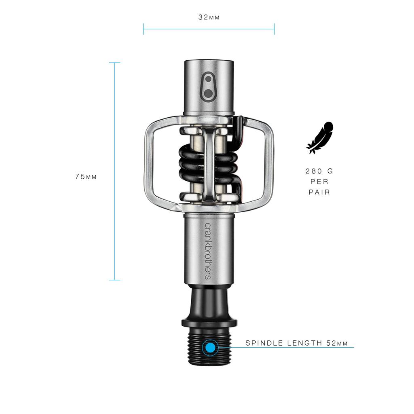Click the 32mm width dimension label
tap(209, 17)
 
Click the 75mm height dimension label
tap(86, 177)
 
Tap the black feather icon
tap(320, 137)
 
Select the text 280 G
tap(319, 171)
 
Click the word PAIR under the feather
tap(319, 192)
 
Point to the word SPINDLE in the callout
tap(263, 343)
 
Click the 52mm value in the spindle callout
tap(337, 343)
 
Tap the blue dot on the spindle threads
tap(210, 348)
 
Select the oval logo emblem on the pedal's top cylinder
tap(209, 85)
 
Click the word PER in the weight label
tap(319, 182)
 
